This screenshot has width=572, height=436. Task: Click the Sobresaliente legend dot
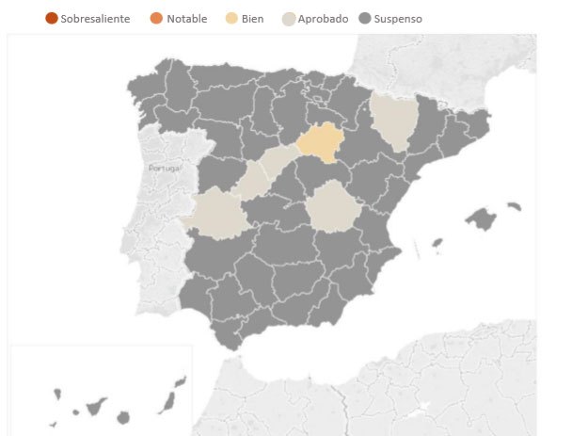tap(52, 19)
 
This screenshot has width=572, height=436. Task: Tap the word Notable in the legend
tap(187, 19)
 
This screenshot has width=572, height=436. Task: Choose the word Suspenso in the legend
tap(398, 19)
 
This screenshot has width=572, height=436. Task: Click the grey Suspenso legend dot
tap(365, 19)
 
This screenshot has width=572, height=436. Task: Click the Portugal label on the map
tap(164, 168)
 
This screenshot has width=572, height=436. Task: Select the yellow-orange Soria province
tap(320, 142)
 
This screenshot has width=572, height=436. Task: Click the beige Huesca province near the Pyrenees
tap(390, 121)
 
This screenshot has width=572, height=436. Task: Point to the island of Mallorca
tap(481, 219)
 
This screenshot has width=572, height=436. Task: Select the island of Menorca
tap(514, 205)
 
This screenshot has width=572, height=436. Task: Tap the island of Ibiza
tap(437, 243)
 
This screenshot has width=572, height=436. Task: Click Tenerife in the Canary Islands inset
tap(95, 408)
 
